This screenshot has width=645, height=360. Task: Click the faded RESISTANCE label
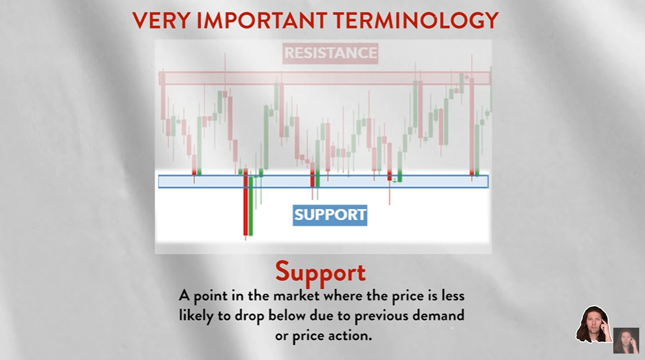point(330,53)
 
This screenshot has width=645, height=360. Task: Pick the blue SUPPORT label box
point(330,215)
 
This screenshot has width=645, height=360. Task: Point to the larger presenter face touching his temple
point(593,324)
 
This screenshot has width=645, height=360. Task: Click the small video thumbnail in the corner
point(626,340)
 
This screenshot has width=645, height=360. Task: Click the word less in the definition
point(452,296)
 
